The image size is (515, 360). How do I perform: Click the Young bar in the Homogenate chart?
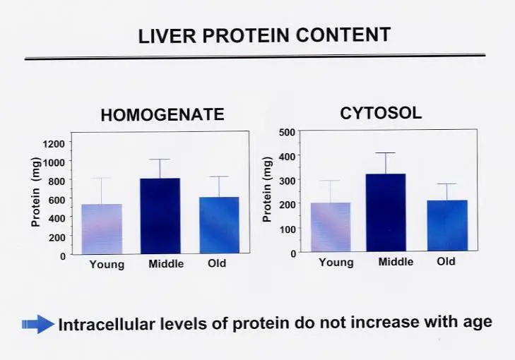[102, 229]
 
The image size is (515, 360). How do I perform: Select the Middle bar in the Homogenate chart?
[160, 215]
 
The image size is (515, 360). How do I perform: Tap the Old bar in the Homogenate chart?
[219, 224]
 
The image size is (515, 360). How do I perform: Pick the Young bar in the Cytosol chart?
[331, 227]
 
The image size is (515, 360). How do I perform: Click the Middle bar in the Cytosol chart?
[386, 212]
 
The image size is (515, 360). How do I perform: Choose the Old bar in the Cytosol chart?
[447, 225]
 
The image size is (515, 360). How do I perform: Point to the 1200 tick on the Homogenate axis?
[54, 143]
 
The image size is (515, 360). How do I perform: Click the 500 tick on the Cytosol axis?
[287, 132]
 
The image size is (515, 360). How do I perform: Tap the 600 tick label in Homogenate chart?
[57, 199]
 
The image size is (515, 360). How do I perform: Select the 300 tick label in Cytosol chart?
[287, 180]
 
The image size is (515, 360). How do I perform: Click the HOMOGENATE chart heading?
[162, 115]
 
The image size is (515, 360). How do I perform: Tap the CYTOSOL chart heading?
[381, 113]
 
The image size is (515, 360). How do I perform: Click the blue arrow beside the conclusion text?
[38, 324]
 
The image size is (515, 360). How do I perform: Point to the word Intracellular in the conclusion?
[107, 324]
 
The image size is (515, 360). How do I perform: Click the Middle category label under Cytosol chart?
[396, 262]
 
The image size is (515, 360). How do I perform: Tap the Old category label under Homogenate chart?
[217, 263]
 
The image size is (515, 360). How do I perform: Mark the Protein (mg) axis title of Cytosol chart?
[267, 189]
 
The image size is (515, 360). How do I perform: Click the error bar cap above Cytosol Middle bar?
[386, 153]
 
